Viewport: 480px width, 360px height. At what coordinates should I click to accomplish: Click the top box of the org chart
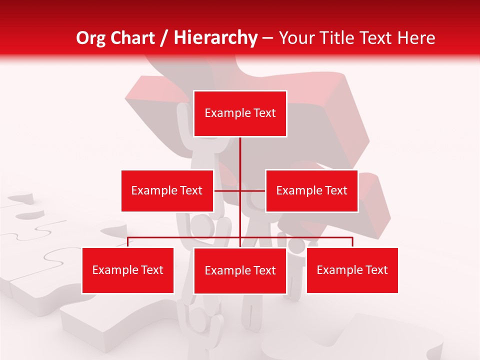240,113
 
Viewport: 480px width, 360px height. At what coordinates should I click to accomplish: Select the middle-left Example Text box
167,190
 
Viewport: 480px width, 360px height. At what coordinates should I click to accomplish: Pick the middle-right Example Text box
311,190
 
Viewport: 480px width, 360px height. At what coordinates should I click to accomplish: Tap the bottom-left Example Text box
128,270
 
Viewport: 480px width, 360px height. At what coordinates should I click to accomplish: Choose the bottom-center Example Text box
240,270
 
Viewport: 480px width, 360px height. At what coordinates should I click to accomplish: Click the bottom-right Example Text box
352,270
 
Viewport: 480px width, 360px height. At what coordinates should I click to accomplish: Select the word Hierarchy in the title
215,38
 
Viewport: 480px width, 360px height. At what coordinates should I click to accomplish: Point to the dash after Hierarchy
267,38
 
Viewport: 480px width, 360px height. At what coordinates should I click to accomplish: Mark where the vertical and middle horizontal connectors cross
240,190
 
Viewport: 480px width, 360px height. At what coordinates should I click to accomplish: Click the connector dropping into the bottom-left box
128,242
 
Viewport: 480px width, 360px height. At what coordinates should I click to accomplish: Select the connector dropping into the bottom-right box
352,242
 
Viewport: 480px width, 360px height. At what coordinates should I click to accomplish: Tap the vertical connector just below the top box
240,150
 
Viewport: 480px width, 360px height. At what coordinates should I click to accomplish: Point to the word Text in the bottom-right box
376,270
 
